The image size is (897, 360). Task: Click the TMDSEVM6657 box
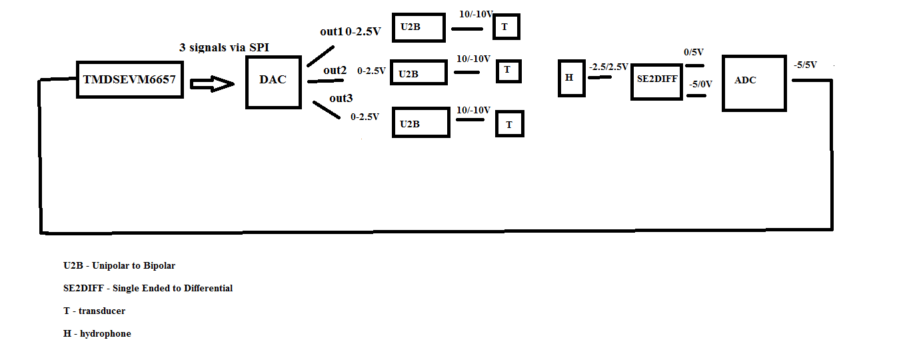click(x=130, y=80)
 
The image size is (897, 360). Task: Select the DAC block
click(x=273, y=81)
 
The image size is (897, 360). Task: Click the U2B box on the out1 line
click(x=418, y=27)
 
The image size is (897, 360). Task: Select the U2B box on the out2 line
click(x=418, y=73)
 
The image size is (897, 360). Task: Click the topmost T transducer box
click(x=505, y=27)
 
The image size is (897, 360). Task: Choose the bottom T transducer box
click(x=509, y=123)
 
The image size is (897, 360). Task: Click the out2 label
click(x=335, y=70)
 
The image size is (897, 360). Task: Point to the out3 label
click(x=341, y=99)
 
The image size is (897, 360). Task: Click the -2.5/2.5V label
click(x=608, y=67)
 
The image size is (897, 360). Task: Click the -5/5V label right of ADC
click(x=805, y=65)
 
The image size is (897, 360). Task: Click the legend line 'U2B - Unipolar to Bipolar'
click(x=119, y=265)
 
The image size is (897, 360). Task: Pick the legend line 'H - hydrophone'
click(x=97, y=333)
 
